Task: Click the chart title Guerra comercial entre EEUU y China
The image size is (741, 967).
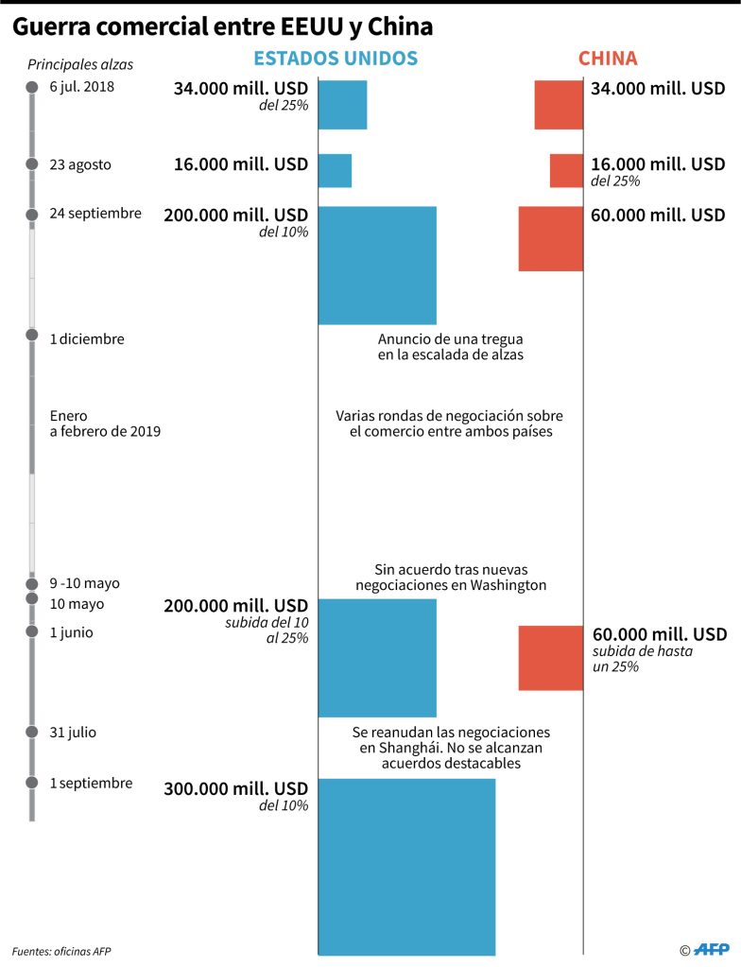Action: (222, 27)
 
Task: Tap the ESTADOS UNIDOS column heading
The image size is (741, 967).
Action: (336, 59)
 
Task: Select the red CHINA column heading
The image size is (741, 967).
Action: (608, 59)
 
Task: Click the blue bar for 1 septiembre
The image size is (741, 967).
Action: (406, 866)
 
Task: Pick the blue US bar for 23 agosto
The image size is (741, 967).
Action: (335, 170)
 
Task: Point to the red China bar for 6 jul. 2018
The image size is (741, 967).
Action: (559, 105)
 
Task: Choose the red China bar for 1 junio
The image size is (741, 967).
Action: (550, 657)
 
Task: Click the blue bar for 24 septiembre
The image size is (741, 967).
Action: (377, 265)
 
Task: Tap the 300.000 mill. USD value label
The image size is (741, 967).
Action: (235, 789)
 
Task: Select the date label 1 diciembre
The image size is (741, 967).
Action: (87, 338)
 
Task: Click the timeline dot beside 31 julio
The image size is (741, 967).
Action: (31, 733)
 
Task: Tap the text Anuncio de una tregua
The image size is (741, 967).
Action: (450, 338)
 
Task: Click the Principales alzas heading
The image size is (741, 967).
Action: (80, 65)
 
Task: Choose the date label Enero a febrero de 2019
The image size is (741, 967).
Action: (105, 423)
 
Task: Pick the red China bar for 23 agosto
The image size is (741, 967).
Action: (566, 170)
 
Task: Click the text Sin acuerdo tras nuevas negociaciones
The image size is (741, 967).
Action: (450, 577)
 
